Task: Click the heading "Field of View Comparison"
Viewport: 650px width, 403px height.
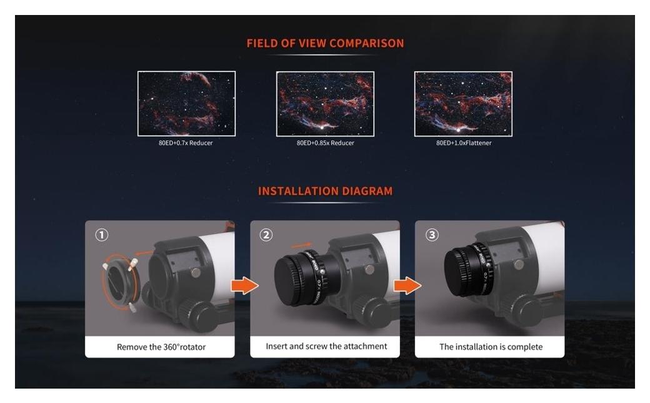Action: point(325,43)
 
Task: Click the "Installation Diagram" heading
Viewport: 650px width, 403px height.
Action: point(325,191)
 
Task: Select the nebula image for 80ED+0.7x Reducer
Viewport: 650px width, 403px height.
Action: point(186,103)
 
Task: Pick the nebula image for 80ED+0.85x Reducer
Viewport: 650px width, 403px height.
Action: point(325,103)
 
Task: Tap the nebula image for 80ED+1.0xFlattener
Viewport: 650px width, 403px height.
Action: point(463,103)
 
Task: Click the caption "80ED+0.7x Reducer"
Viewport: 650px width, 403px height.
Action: point(186,143)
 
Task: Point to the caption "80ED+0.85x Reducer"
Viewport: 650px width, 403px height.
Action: point(326,143)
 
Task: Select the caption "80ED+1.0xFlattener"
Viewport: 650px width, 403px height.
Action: point(464,143)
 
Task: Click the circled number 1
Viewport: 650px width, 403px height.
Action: point(101,235)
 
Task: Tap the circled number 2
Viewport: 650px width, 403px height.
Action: point(266,235)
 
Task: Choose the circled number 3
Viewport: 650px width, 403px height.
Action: point(431,235)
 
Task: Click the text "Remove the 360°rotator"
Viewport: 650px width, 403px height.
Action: point(161,347)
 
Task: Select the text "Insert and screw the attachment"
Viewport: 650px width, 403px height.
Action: point(326,346)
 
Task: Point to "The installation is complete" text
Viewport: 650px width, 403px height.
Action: point(491,347)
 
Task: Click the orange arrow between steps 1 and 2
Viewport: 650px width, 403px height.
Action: point(244,285)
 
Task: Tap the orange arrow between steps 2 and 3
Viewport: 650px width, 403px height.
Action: point(407,285)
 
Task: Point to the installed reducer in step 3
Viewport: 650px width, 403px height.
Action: point(468,270)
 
